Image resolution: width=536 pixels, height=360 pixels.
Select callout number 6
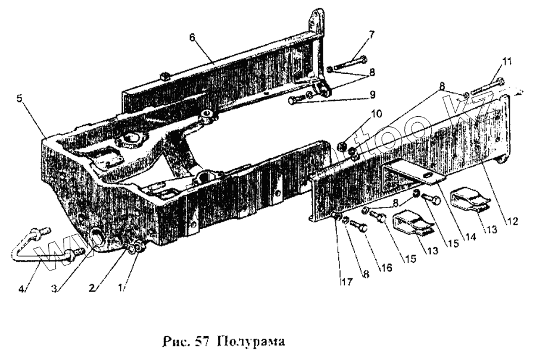(x=192, y=36)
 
